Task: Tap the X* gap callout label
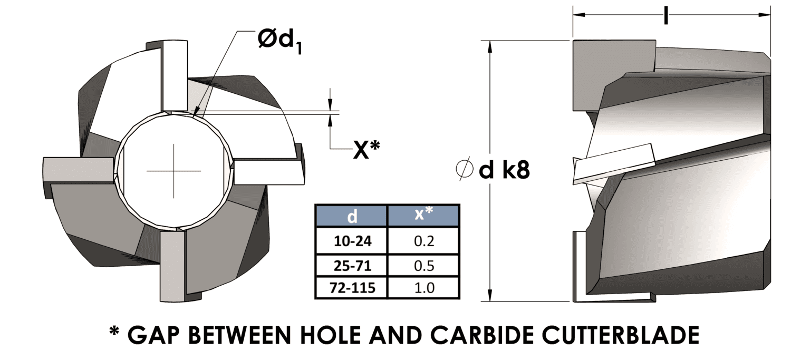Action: click(366, 151)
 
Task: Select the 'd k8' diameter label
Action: click(503, 170)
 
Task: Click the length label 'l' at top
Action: click(666, 15)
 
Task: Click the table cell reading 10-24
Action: click(352, 241)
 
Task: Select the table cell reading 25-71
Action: click(352, 265)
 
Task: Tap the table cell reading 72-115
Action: click(352, 288)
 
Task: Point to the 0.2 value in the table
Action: click(423, 241)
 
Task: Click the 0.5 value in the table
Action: click(423, 265)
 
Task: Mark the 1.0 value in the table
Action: click(423, 288)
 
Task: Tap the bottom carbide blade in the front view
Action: click(173, 266)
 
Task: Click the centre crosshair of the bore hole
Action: click(173, 171)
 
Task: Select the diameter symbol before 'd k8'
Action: click(464, 170)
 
